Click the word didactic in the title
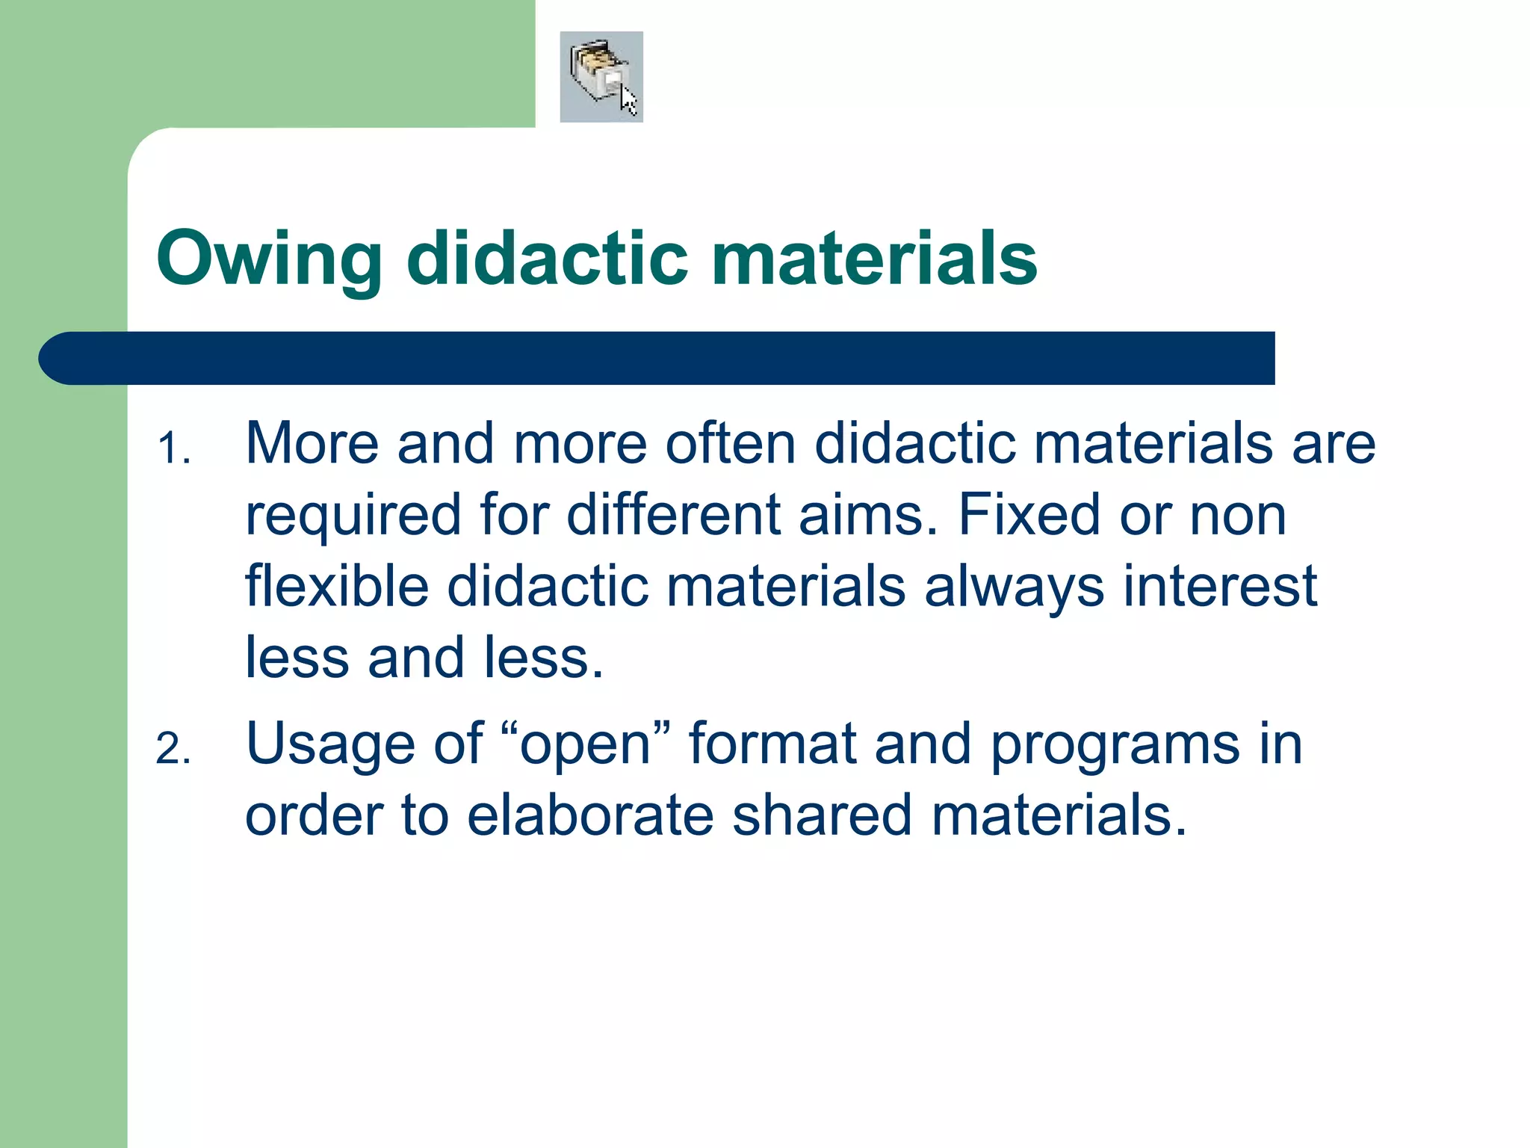(546, 258)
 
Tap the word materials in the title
(873, 258)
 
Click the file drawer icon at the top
(598, 75)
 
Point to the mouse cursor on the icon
(629, 101)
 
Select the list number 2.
(173, 749)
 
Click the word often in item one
(730, 443)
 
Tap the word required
(353, 516)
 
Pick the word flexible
(336, 586)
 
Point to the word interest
(1220, 586)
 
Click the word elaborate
(589, 815)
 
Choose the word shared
(822, 815)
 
